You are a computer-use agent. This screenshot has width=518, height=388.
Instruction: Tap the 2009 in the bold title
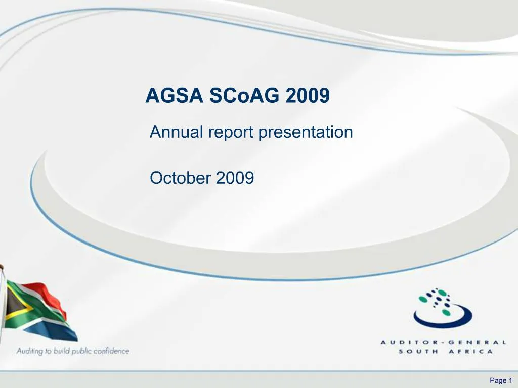[307, 95]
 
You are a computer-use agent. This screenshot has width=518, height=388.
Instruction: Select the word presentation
[306, 133]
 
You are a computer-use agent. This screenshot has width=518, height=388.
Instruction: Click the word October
[181, 178]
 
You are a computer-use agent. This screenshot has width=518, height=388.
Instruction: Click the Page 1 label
[501, 380]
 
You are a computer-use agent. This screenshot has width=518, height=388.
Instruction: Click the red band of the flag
[48, 296]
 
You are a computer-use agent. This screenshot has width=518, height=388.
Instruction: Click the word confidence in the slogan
[110, 351]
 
